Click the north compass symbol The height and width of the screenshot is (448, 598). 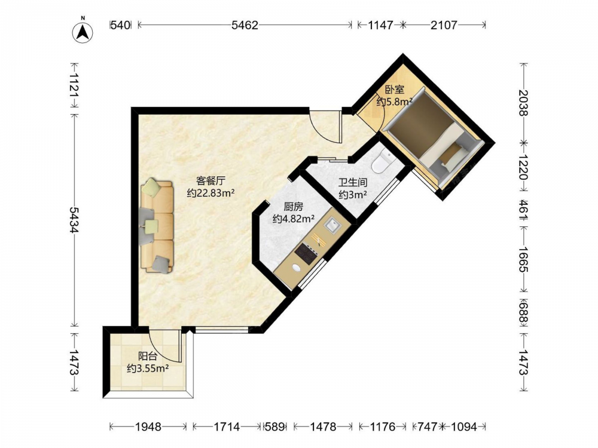tap(83, 32)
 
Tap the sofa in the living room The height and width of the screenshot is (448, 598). tap(157, 226)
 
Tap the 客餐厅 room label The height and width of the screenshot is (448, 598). tap(210, 180)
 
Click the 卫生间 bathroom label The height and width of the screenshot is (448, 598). tap(353, 182)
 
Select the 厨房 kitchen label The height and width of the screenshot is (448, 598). tap(293, 207)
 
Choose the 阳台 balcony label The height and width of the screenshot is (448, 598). tap(148, 356)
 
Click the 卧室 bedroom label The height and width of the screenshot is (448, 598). tap(394, 90)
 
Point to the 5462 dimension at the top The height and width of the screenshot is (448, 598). tap(245, 25)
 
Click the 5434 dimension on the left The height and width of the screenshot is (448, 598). tap(74, 220)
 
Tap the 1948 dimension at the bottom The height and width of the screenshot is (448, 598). tap(148, 426)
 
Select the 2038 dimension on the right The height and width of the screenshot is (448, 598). tap(523, 103)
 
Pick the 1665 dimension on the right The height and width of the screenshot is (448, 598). tap(523, 259)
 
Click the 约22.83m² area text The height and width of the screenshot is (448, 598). tap(210, 193)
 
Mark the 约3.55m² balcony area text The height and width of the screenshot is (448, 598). tap(148, 369)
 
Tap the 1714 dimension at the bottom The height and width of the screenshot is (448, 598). tap(227, 426)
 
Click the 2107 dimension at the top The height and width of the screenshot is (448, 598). tap(444, 25)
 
